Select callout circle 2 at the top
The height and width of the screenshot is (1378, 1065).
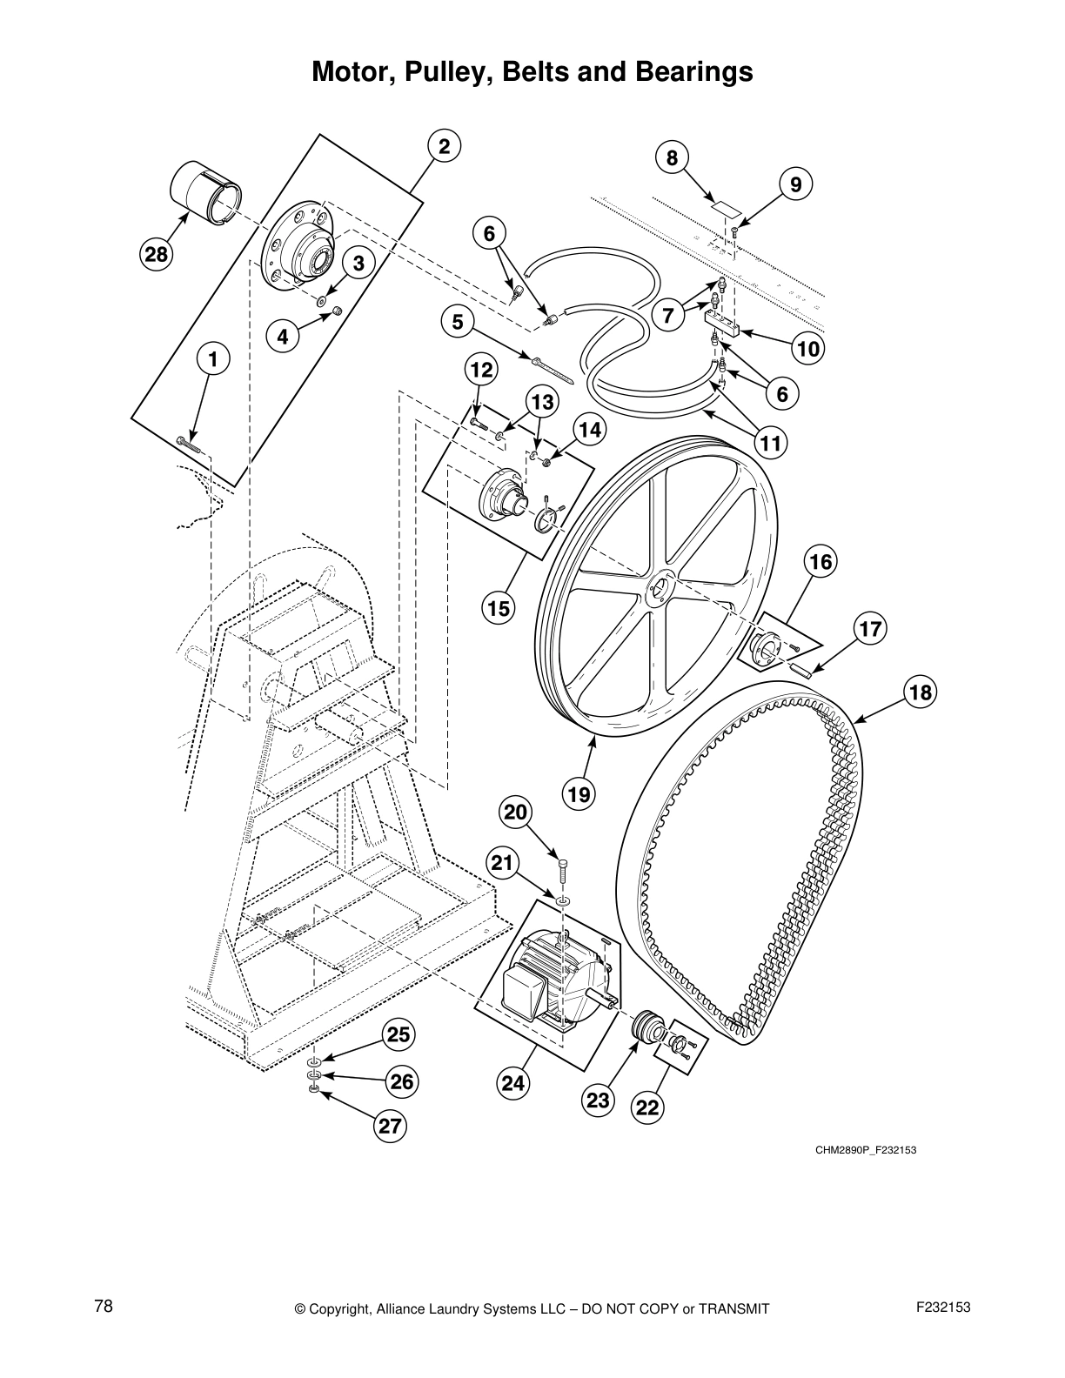coord(444,147)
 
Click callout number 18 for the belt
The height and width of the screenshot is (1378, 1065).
coord(920,692)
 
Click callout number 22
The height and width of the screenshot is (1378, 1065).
coord(648,1107)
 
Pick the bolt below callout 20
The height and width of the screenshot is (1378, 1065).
coord(563,871)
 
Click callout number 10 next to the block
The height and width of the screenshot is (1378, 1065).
coord(807,349)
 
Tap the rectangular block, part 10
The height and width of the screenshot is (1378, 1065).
coord(721,324)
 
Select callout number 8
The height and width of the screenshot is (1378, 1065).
coord(672,158)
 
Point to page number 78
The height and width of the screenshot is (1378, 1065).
coord(104,1306)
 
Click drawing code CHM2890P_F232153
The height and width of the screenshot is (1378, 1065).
coord(866,1150)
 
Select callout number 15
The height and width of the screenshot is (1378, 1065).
coord(499,608)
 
